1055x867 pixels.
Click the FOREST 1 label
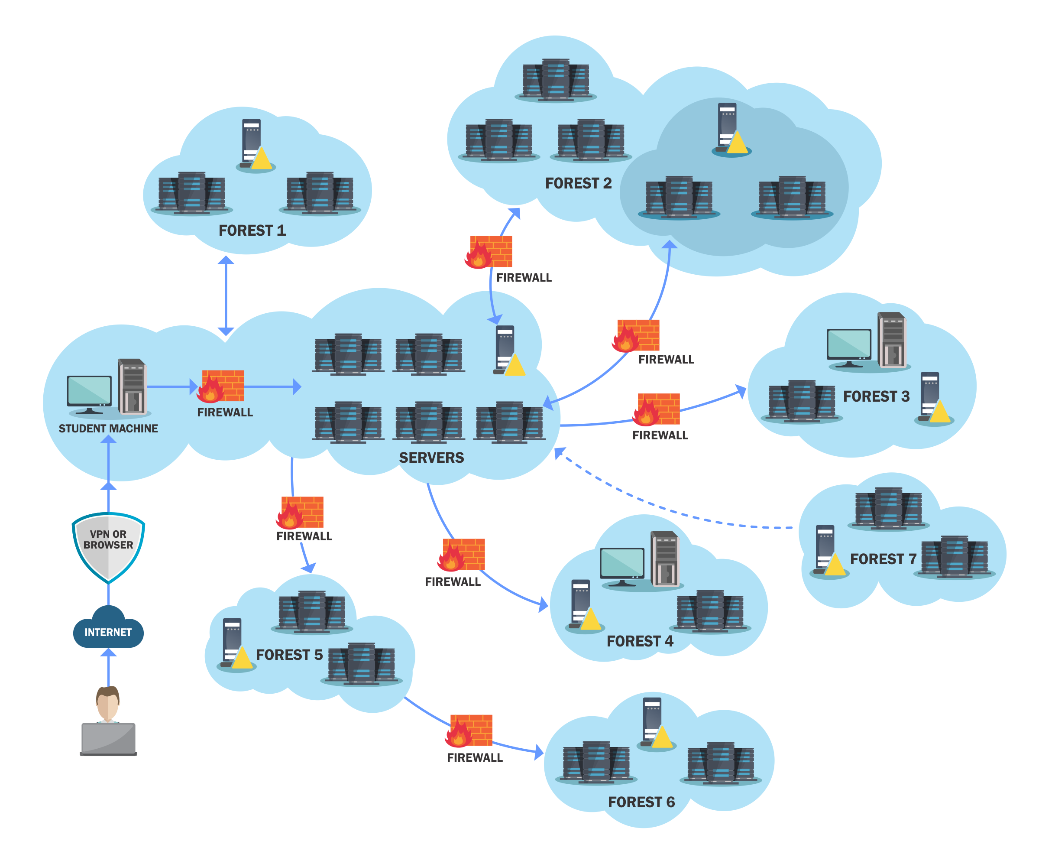coord(252,230)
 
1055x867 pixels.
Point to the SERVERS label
coord(431,458)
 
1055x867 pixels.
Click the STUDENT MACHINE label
coord(108,429)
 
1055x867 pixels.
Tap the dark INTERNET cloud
coord(108,627)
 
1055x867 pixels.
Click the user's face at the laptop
coord(108,703)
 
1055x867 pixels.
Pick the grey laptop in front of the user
coord(108,739)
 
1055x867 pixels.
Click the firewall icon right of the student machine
coord(220,386)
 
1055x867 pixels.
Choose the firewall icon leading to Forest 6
coord(469,731)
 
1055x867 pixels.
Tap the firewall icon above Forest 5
coord(300,513)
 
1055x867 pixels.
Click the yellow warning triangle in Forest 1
coord(261,159)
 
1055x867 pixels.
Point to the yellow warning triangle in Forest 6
coord(662,737)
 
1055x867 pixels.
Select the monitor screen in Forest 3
coord(849,344)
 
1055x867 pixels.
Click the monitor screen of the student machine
coord(89,390)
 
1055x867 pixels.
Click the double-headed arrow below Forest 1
coord(226,295)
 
